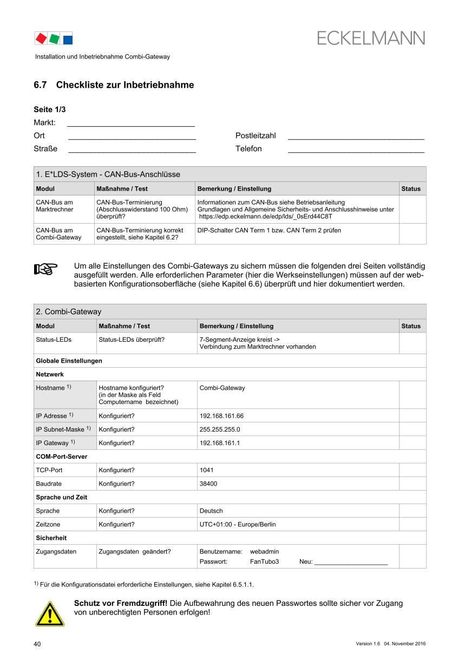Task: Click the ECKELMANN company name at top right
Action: pos(371,38)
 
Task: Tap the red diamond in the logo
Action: pos(41,38)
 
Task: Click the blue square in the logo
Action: pos(68,39)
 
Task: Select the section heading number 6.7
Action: pos(41,85)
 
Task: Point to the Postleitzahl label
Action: pos(256,135)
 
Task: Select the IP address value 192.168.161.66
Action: pos(221,416)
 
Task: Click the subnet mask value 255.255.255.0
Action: pos(220,429)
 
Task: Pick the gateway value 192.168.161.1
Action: pos(220,443)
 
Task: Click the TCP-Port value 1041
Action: pos(207,470)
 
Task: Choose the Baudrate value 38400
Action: pos(208,484)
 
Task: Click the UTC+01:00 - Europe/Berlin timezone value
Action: pos(238,524)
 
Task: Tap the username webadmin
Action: pos(264,551)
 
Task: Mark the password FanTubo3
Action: pos(264,561)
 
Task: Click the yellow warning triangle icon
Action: pos(50,613)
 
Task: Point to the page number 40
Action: pos(37,644)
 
